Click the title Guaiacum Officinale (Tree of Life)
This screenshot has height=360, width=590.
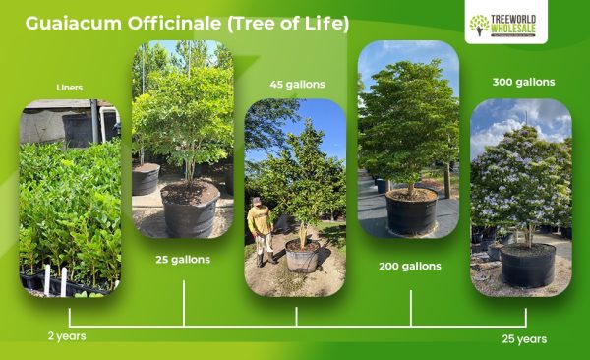[x=187, y=23]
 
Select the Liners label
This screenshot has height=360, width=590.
[x=70, y=87]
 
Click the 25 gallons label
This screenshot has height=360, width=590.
[x=183, y=261]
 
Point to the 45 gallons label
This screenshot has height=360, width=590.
[x=297, y=84]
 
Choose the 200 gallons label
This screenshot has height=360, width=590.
[x=410, y=266]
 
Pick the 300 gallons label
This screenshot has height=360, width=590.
[x=523, y=82]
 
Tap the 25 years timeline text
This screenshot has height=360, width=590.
[x=523, y=339]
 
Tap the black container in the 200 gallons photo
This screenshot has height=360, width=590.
[x=411, y=211]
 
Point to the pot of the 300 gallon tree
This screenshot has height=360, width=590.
[x=528, y=264]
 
